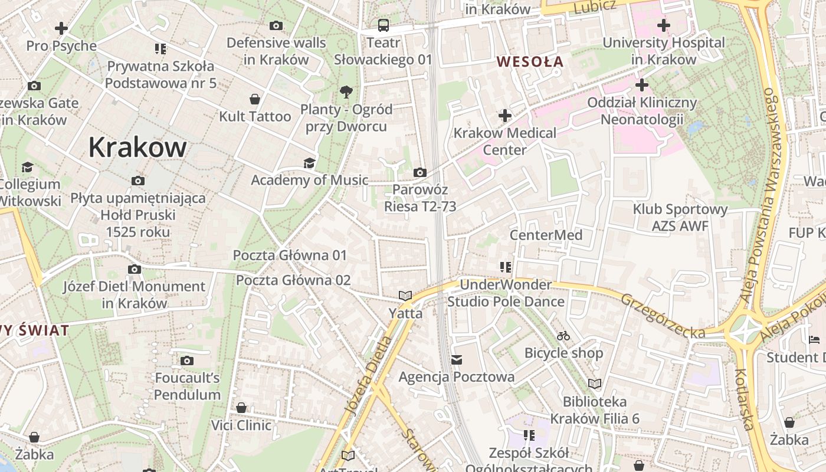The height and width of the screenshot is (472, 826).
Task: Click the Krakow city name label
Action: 137,147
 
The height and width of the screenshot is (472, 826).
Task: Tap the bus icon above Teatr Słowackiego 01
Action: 383,25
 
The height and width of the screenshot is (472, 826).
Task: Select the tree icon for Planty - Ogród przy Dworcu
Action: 346,91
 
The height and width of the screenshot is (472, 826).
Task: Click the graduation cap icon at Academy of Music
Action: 309,163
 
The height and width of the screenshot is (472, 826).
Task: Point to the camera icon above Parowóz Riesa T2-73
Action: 420,172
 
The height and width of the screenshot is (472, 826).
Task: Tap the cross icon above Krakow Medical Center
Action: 504,115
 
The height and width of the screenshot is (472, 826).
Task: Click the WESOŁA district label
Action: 530,61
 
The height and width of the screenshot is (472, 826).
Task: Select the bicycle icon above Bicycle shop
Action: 563,336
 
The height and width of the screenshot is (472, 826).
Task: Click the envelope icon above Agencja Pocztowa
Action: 456,359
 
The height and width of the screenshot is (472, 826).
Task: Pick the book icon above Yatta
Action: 405,296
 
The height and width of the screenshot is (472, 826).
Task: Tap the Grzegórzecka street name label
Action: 663,316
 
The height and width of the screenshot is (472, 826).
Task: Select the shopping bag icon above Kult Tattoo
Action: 255,99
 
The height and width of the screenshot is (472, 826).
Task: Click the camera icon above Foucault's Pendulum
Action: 187,360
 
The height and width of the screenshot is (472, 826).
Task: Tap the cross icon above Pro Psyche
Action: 61,28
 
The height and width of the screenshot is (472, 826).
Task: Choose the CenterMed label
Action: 546,235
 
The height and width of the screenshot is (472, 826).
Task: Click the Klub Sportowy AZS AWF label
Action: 680,217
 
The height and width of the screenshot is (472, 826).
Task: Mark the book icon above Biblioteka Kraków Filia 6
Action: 595,384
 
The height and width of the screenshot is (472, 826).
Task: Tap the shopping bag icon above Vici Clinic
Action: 241,408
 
